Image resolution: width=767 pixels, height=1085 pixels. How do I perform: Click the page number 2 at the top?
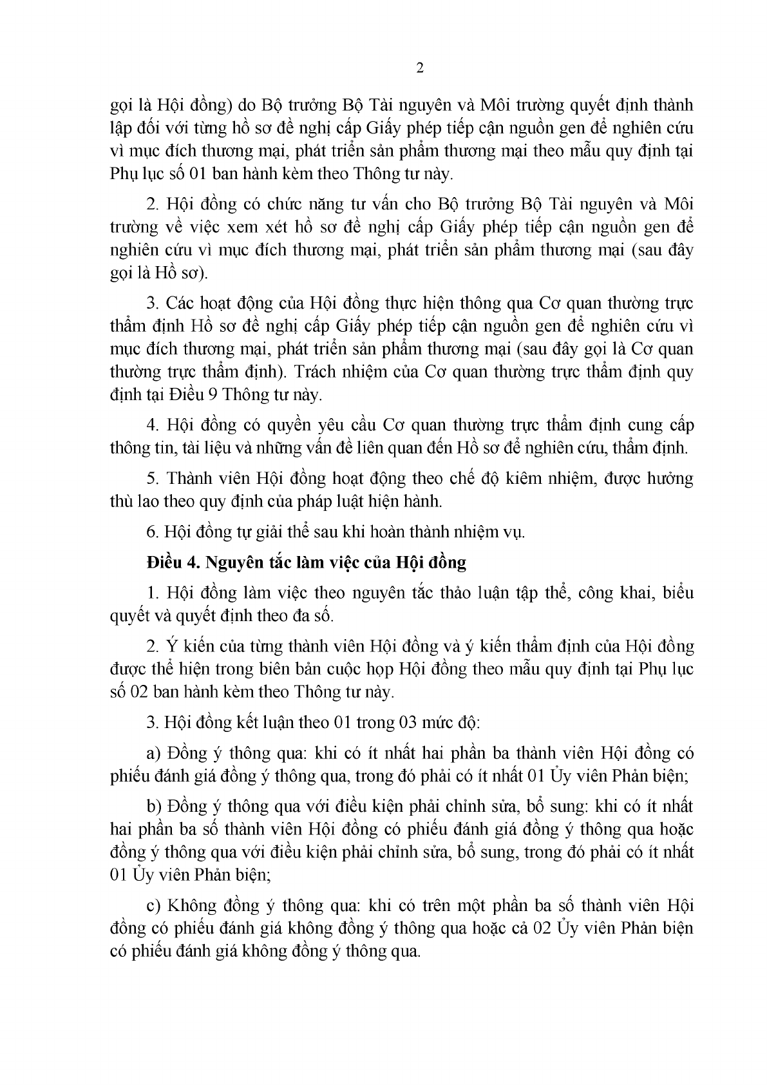420,69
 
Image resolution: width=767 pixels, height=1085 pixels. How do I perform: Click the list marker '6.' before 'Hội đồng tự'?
152,532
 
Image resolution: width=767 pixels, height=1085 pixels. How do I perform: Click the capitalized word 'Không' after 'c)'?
191,906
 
